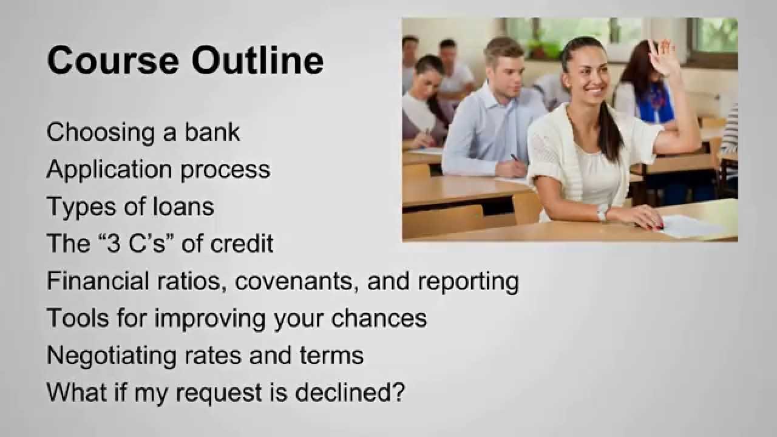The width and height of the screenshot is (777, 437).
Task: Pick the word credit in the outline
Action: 242,243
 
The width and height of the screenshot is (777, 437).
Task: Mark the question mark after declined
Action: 398,392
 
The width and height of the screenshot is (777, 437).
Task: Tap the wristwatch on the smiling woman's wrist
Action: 602,215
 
